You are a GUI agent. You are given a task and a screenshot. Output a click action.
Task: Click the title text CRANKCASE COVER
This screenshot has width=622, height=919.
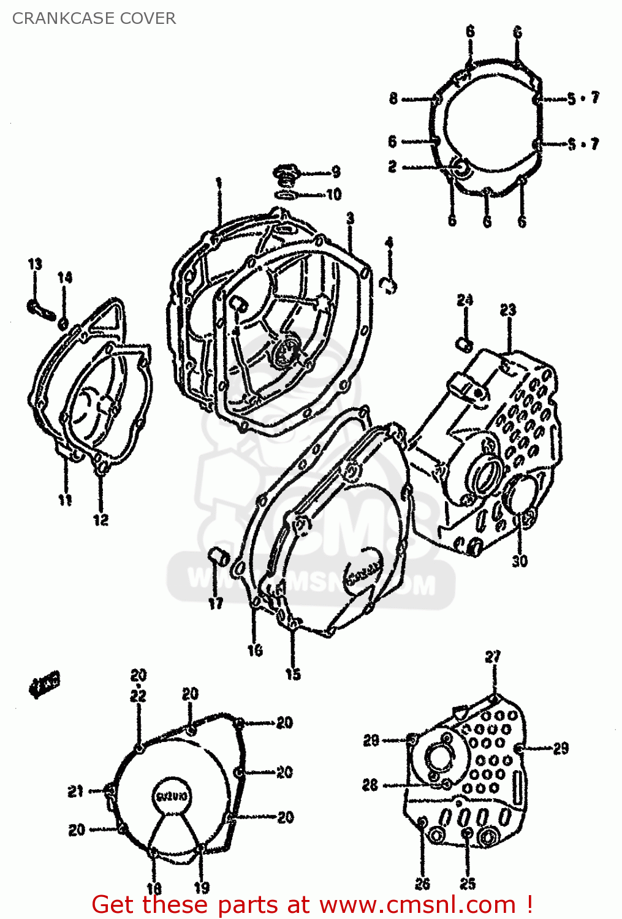(94, 18)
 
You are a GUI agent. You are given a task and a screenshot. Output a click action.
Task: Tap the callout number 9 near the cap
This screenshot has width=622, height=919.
(336, 172)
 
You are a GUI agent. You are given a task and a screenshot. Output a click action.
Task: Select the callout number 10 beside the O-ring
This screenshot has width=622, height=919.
(333, 195)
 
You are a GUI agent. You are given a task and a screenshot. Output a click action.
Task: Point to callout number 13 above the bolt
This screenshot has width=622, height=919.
(35, 264)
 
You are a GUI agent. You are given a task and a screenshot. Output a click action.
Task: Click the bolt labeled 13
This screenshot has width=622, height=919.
(39, 308)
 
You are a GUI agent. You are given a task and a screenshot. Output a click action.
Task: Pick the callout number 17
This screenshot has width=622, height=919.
(216, 603)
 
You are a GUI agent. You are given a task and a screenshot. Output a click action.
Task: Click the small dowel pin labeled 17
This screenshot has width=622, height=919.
(218, 556)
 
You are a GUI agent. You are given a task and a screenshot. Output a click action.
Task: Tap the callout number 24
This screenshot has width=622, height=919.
(465, 300)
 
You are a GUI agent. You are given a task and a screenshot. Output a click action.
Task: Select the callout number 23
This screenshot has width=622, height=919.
(508, 310)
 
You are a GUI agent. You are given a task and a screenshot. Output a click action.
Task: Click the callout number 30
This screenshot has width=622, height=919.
(520, 561)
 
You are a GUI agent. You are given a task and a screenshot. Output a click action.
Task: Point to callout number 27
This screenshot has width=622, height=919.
(493, 657)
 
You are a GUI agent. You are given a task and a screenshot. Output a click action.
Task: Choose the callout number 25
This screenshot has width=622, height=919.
(468, 883)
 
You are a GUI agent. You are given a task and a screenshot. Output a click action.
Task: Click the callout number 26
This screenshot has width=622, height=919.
(422, 883)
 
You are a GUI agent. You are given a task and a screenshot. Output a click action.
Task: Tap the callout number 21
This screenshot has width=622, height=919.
(75, 792)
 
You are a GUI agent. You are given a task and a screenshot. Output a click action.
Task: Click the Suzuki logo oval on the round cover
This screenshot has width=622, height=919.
(172, 796)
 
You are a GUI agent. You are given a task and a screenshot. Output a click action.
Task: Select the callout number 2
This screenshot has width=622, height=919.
(392, 167)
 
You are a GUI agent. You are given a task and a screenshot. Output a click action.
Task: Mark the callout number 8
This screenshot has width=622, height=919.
(393, 98)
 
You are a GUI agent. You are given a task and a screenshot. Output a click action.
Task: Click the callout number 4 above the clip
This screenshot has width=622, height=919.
(389, 243)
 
